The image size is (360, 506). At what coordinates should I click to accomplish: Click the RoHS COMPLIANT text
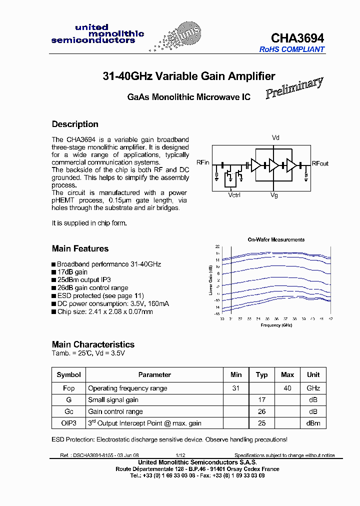tap(291, 49)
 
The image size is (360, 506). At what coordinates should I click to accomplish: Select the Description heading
tap(75, 124)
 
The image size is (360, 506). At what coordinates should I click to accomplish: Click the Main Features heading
tap(80, 248)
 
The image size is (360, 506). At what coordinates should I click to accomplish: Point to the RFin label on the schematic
tap(202, 163)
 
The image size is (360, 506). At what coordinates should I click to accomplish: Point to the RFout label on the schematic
tap(320, 163)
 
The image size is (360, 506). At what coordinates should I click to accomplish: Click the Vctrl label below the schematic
tap(234, 195)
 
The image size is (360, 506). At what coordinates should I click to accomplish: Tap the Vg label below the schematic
tap(274, 195)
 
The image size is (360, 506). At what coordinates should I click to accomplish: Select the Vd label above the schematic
tap(275, 137)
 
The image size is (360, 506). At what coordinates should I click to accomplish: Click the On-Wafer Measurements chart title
tap(276, 239)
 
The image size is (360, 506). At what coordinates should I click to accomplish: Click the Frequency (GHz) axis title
tap(276, 325)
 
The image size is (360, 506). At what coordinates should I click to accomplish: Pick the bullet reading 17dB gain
tap(72, 272)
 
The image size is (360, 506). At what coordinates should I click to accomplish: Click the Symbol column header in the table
tap(68, 374)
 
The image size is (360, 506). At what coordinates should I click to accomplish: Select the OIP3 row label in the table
tap(68, 423)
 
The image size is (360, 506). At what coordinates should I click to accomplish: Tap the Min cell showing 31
tap(236, 388)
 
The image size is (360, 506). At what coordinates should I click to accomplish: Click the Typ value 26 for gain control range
tap(261, 411)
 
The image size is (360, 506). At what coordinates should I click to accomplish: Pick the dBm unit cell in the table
tap(313, 423)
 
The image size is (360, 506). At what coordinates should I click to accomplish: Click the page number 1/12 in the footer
tap(180, 455)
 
